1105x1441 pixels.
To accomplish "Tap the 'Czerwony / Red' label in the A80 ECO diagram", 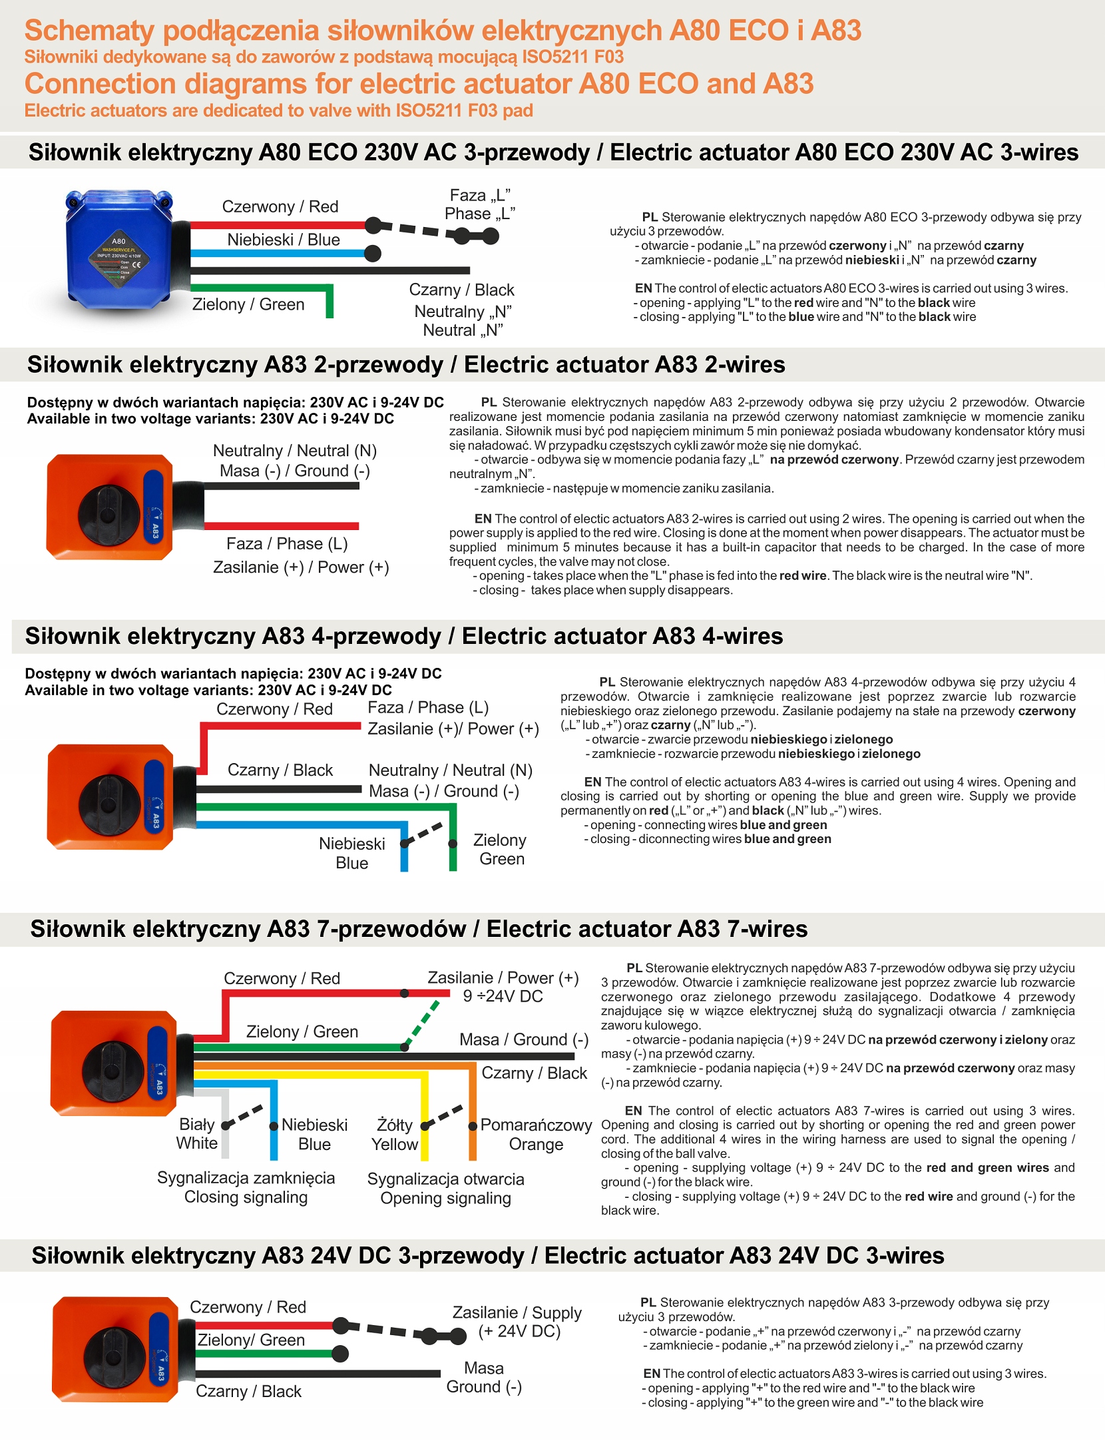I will pos(280,207).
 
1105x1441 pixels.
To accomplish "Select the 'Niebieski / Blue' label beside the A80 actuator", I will pos(284,240).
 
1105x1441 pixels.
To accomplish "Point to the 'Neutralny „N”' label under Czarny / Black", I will pos(463,312).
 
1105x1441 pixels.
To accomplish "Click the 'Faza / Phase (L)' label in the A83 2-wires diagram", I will pos(287,544).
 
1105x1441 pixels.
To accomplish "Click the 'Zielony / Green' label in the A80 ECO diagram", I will pos(248,304).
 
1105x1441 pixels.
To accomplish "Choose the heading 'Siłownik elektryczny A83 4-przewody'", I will pos(233,636).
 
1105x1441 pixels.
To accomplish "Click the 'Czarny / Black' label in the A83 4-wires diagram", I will pos(280,770).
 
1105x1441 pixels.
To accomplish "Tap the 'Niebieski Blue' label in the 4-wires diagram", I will pos(352,853).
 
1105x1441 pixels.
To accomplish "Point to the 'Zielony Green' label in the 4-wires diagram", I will pos(501,850).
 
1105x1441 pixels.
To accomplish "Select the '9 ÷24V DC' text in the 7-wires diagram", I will pos(503,996).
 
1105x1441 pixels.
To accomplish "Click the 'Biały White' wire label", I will pos(197,1134).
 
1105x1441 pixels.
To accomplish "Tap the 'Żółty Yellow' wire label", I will pos(395,1135).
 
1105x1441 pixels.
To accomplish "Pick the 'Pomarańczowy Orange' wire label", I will pos(536,1135).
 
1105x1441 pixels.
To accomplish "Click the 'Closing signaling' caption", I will pos(246,1197).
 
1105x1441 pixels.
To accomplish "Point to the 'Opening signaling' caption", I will pos(446,1199).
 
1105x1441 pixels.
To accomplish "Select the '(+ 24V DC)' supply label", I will pos(519,1331).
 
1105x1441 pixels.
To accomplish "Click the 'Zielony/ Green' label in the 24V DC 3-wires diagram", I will pos(251,1340).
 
